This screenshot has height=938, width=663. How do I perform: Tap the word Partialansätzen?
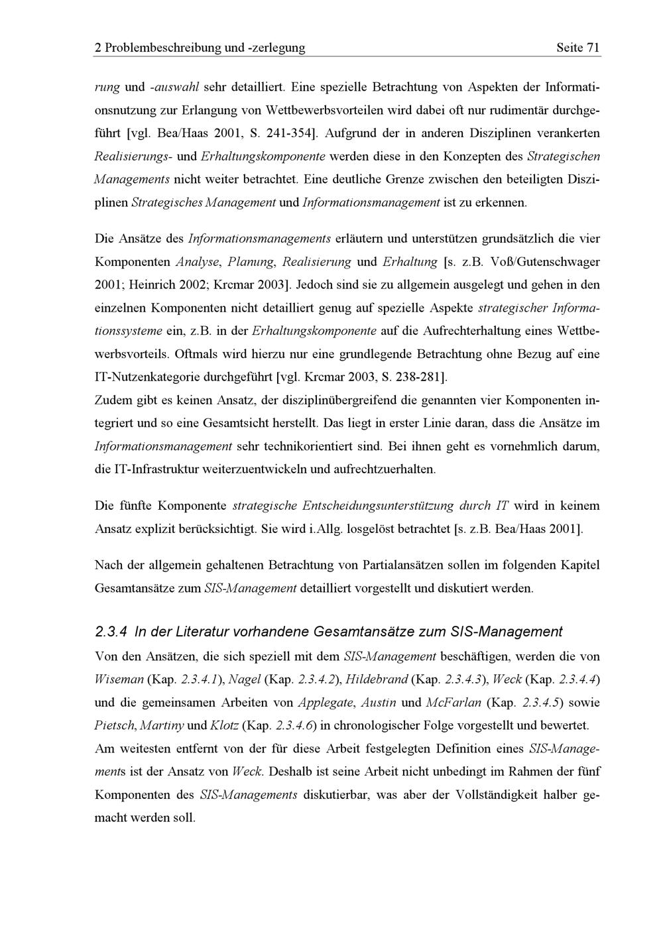405,565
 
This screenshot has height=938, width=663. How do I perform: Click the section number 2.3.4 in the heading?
111,632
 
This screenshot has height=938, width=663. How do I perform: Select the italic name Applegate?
324,703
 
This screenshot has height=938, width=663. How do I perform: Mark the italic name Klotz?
224,725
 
